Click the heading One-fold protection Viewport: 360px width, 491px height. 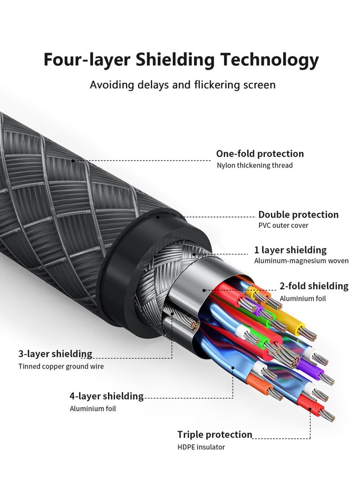point(260,154)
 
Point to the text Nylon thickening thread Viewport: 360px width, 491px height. point(255,165)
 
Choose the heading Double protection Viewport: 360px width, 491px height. point(298,215)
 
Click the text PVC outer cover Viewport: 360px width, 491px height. point(283,225)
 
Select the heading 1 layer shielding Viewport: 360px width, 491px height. point(290,250)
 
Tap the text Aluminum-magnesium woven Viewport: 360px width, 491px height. point(301,261)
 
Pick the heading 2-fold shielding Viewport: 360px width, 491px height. point(314,286)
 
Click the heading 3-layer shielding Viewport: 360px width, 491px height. point(55,354)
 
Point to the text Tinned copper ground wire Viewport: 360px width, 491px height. point(61,366)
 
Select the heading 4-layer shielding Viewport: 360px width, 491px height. point(106,396)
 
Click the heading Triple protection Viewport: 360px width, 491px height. point(215,435)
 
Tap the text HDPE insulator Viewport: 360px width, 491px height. point(201,447)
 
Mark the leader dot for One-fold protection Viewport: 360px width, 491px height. point(72,160)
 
